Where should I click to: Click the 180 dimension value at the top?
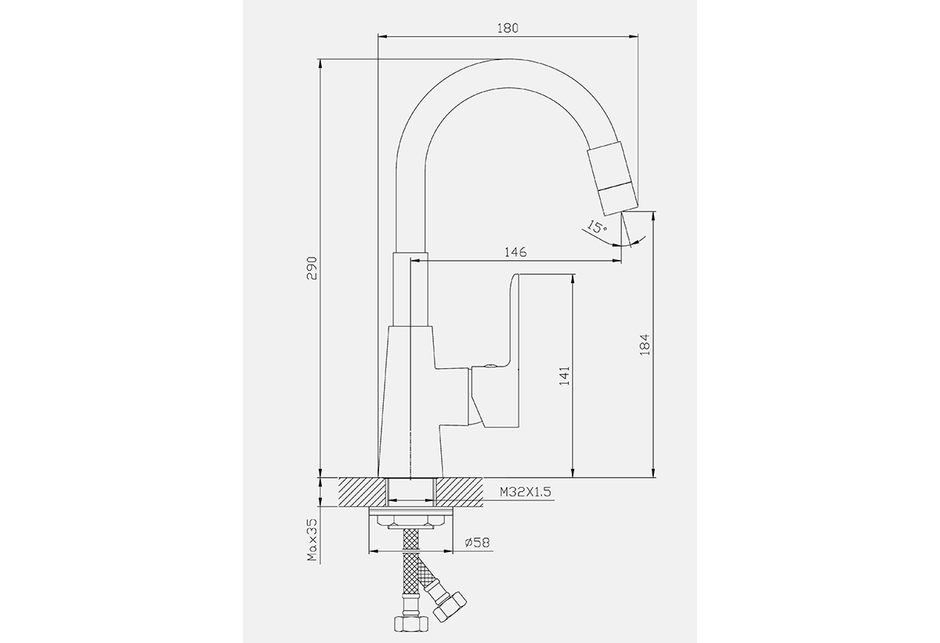click(508, 28)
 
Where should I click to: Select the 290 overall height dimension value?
click(313, 268)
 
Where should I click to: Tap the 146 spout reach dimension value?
click(515, 252)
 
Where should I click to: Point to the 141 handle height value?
click(565, 376)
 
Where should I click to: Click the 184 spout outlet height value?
click(645, 345)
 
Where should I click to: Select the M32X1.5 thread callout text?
click(525, 492)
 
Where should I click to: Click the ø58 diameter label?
click(477, 542)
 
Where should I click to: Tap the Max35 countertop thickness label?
click(313, 540)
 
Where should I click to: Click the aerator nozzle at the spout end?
click(613, 179)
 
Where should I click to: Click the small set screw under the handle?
click(489, 367)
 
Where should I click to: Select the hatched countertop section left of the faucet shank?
click(363, 492)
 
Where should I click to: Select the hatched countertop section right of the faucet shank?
click(460, 492)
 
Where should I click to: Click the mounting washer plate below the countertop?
click(411, 510)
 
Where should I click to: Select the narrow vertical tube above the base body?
click(410, 289)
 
